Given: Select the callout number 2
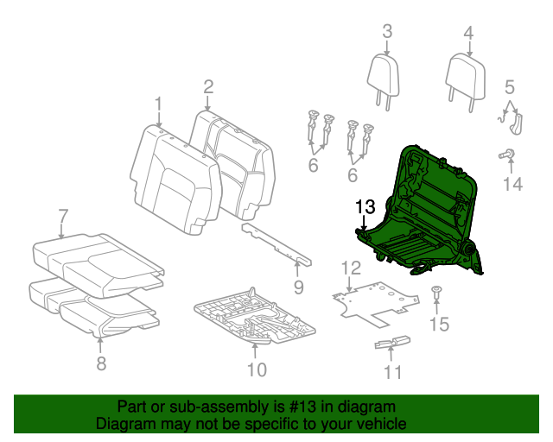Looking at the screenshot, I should click(x=208, y=85).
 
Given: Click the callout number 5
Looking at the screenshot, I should click(x=510, y=86).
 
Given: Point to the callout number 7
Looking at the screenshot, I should click(x=62, y=215).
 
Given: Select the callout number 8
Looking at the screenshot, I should click(x=101, y=363).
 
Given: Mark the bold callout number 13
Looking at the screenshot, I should click(x=365, y=206).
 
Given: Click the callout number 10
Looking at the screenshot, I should click(x=257, y=372).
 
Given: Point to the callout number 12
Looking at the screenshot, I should click(x=349, y=268).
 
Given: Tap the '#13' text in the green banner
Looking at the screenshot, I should click(x=296, y=407).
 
